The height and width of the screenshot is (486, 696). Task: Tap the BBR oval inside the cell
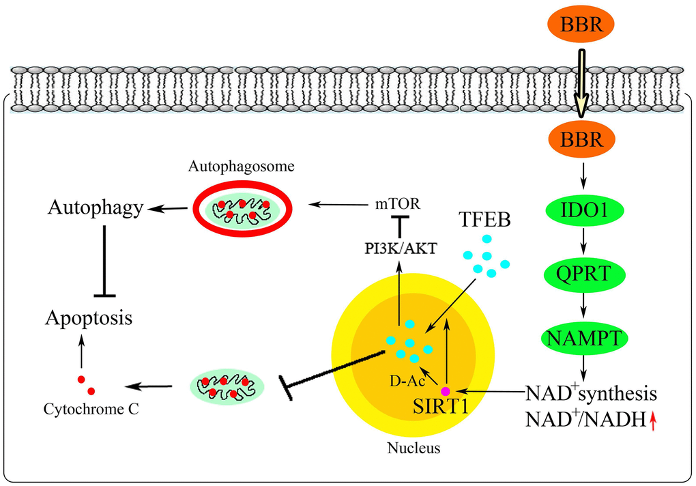tap(581, 140)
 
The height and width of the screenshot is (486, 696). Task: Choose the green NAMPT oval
tap(581, 337)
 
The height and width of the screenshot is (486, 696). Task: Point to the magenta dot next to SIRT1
tap(446, 391)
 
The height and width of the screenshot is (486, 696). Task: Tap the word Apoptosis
tap(89, 317)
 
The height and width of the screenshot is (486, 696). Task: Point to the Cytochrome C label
tap(88, 410)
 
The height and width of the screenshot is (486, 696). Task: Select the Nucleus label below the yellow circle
tap(414, 448)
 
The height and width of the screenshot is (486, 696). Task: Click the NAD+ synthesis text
tap(592, 393)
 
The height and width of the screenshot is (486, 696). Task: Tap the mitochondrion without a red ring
tap(224, 386)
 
